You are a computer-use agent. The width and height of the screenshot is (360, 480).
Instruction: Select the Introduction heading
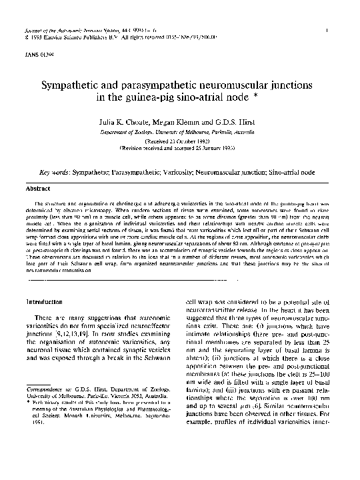[47, 302]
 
